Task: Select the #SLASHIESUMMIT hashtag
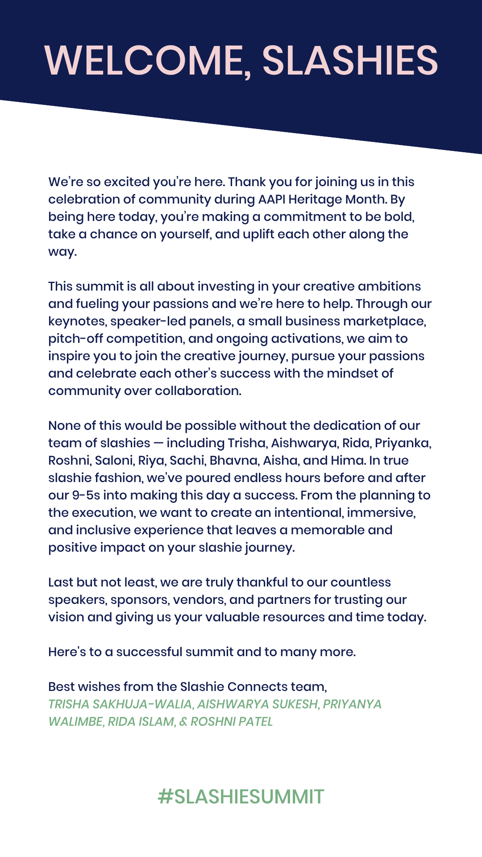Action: [241, 797]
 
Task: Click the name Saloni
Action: [114, 461]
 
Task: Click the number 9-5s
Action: [86, 495]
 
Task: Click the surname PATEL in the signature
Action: [254, 722]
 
